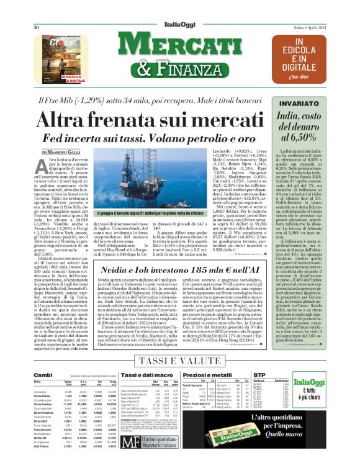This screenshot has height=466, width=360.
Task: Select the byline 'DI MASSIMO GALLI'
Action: click(x=63, y=152)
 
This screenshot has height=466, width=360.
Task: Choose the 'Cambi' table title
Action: click(x=43, y=375)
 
